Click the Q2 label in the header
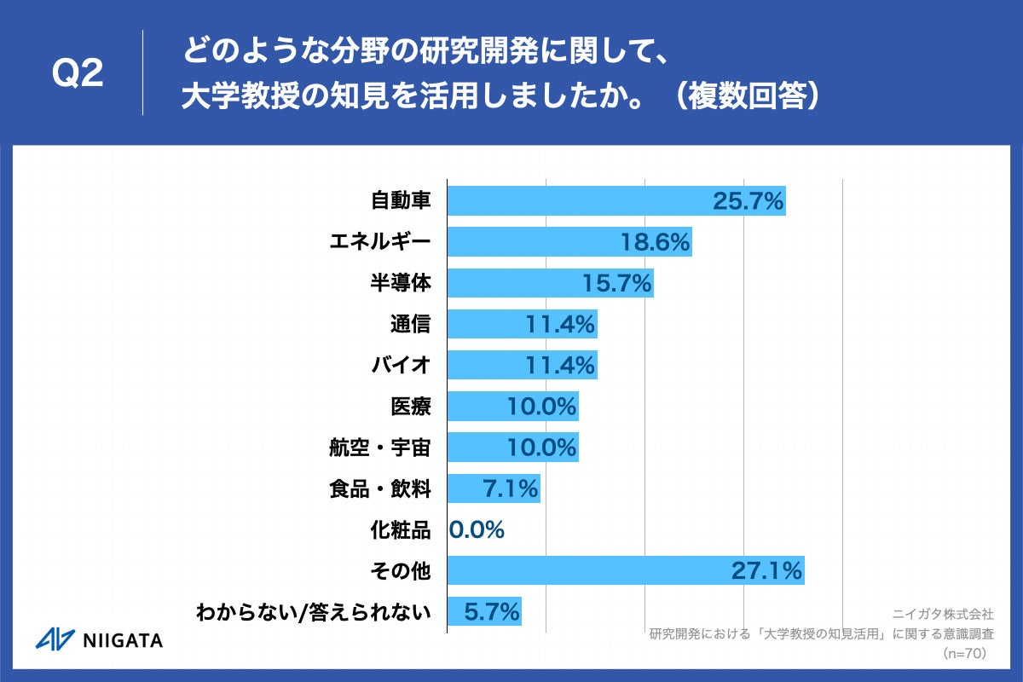(x=78, y=74)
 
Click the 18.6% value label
(x=655, y=242)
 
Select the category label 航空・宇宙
(x=380, y=448)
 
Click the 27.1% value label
(x=766, y=570)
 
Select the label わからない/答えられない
(x=313, y=611)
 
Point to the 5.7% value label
(x=492, y=611)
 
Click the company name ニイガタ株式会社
(x=942, y=613)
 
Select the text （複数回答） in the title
(x=745, y=95)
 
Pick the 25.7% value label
(x=748, y=201)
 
